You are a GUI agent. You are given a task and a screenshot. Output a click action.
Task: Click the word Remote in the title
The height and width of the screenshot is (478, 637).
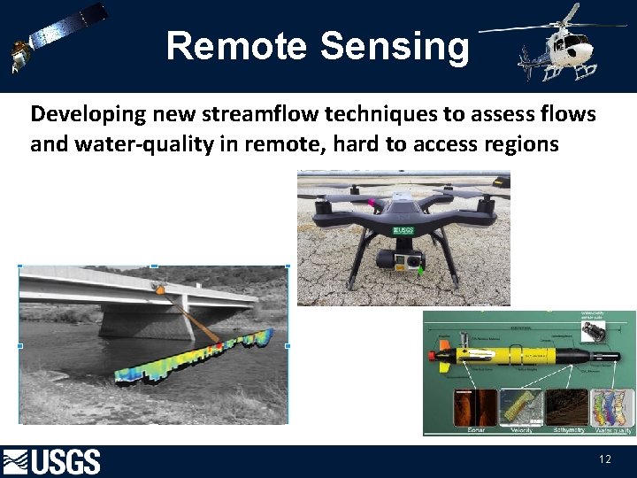tap(234, 45)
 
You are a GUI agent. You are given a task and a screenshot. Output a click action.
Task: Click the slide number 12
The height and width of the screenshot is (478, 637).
tap(605, 459)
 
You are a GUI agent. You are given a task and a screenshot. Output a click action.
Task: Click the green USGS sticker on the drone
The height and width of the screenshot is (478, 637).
tap(403, 232)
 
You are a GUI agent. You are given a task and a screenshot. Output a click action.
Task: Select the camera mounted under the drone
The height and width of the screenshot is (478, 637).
tap(403, 260)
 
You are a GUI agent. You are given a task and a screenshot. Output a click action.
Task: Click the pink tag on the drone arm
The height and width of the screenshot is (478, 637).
tap(372, 203)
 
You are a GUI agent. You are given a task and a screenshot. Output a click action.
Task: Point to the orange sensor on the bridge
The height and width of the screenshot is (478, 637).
tap(159, 289)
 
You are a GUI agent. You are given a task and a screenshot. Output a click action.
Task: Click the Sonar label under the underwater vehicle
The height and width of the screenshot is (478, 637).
tap(476, 430)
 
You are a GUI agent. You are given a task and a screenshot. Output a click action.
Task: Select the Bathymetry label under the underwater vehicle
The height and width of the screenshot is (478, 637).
tap(566, 430)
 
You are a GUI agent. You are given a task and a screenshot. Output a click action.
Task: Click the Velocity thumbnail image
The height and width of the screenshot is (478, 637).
tap(520, 407)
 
